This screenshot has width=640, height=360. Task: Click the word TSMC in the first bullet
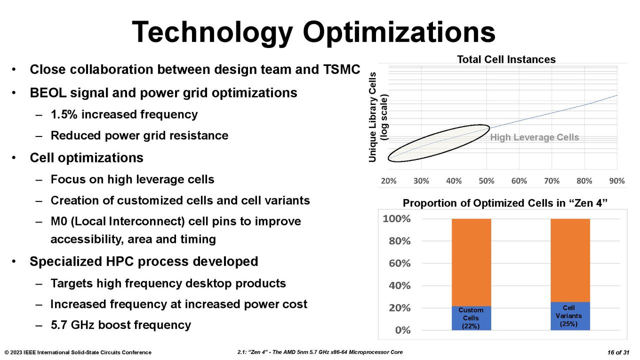point(341,69)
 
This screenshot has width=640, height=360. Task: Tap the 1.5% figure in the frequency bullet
point(64,114)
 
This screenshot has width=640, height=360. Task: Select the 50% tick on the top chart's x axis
point(486,181)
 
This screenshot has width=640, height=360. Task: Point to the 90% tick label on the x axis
point(617,181)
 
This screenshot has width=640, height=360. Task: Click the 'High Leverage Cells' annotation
point(534,137)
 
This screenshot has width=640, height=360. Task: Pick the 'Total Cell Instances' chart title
point(506,59)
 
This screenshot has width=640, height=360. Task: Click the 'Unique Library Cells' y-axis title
point(372,117)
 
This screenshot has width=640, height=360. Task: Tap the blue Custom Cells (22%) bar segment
point(471,318)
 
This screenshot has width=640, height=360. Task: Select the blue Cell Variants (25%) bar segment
point(570,316)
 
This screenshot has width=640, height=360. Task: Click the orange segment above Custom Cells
point(471,262)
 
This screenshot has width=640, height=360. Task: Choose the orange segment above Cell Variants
point(570,260)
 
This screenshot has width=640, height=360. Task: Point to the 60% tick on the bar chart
point(399,263)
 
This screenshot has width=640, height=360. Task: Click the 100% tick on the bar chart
point(396,219)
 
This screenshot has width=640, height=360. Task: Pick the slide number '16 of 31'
point(618,352)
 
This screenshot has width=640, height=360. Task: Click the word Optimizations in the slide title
point(399,32)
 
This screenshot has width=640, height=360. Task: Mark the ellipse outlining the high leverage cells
point(439,125)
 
